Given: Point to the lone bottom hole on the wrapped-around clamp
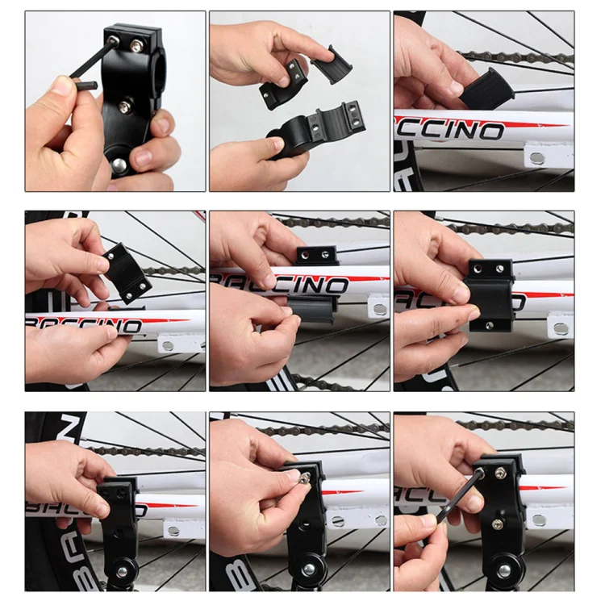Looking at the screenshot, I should point(490,325).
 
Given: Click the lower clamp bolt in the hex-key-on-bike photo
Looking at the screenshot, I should point(499,525).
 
